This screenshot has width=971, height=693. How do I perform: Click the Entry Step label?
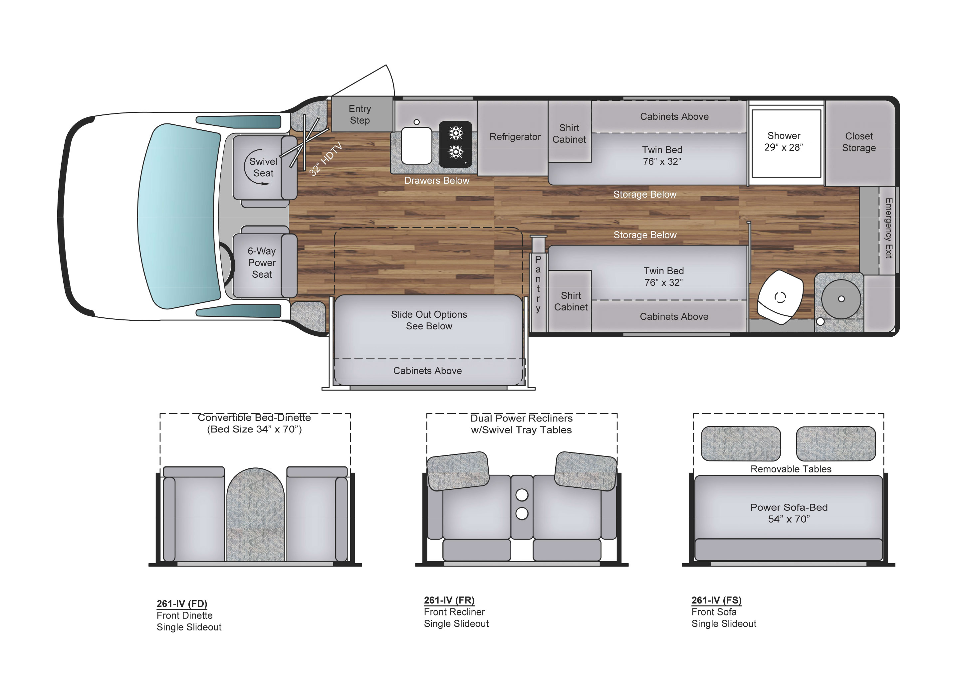click(360, 114)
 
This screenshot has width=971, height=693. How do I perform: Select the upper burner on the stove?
click(456, 133)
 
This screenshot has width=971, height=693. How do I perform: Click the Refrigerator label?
click(515, 136)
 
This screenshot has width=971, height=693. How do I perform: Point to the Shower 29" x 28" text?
click(783, 141)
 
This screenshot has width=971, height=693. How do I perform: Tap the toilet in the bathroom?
click(780, 297)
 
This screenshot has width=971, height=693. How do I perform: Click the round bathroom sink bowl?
click(840, 299)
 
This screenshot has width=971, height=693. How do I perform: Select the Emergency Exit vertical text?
click(888, 228)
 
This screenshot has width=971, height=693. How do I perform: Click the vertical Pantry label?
click(538, 284)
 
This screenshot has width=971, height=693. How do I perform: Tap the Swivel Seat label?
click(263, 167)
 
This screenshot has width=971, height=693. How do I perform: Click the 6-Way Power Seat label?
click(261, 262)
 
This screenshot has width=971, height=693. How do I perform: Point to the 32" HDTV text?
click(325, 159)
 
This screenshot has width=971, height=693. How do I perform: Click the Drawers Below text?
click(436, 181)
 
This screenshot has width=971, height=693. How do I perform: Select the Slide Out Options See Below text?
click(429, 320)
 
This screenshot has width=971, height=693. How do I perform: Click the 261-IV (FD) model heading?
click(181, 604)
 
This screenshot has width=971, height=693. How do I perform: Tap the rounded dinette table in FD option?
click(255, 516)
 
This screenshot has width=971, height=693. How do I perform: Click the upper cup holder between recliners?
click(521, 495)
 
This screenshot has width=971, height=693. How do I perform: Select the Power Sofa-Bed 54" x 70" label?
click(788, 513)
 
